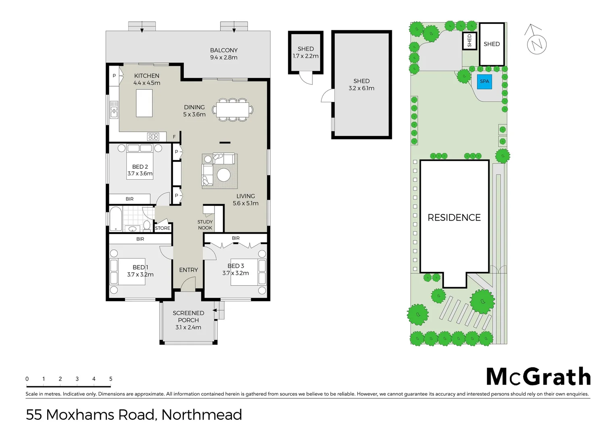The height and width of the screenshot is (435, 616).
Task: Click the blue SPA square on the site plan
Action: (484, 81)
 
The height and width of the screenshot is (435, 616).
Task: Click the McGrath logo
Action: (538, 377)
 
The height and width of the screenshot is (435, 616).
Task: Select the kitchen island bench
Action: (144, 103)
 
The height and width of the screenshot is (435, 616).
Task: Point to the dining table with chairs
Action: (232, 110)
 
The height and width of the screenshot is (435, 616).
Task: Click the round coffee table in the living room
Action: (224, 175)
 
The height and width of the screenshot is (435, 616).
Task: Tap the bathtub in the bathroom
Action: (116, 219)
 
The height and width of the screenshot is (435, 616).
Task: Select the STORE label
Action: (162, 228)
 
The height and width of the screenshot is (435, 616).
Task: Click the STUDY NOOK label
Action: (205, 225)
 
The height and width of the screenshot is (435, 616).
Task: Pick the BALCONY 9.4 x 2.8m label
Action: (224, 54)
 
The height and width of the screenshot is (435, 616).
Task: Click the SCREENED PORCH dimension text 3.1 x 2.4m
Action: (188, 327)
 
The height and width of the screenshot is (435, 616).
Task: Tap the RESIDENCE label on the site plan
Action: (454, 217)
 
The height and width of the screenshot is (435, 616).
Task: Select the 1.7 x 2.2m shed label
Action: (306, 56)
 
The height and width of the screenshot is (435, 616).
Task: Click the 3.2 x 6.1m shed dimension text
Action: (361, 88)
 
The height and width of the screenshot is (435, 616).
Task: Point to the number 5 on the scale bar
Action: (110, 379)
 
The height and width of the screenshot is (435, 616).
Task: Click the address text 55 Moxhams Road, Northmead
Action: (134, 414)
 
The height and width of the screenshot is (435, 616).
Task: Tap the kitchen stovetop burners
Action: (153, 137)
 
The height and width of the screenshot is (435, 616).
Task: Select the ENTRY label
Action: (188, 270)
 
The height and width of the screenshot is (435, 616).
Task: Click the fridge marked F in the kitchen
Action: (174, 137)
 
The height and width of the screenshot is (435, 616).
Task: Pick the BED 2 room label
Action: (140, 167)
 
